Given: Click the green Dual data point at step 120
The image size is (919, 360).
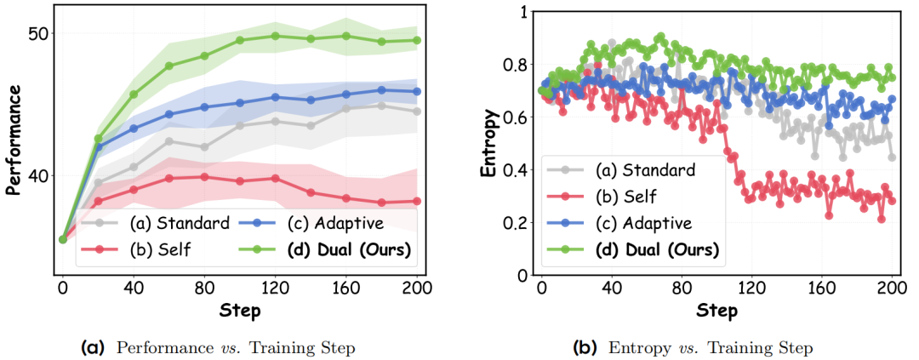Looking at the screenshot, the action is point(276,36).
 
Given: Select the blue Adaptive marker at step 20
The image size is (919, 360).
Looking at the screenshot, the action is point(99,146).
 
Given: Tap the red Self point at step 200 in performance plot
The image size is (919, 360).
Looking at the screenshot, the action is point(417,201).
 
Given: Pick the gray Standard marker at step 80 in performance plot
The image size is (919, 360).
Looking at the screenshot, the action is point(204,147).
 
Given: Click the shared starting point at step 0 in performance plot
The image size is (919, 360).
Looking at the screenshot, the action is point(63,239).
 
